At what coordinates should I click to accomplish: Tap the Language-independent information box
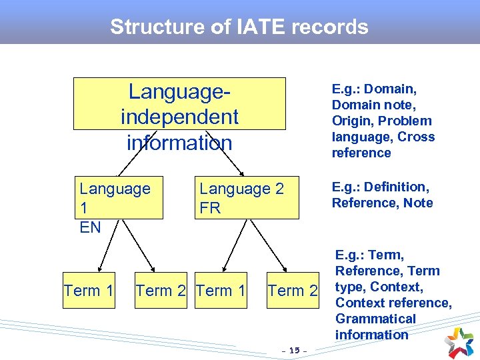[179, 104]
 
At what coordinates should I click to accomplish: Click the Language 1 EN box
[119, 197]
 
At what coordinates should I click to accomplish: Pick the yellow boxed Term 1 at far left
[89, 291]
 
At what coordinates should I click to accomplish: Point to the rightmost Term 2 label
[293, 291]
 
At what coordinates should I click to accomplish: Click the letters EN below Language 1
[90, 227]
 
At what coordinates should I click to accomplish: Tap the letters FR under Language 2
[210, 208]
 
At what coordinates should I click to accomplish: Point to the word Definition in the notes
[399, 187]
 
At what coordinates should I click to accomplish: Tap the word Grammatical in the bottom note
[375, 319]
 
